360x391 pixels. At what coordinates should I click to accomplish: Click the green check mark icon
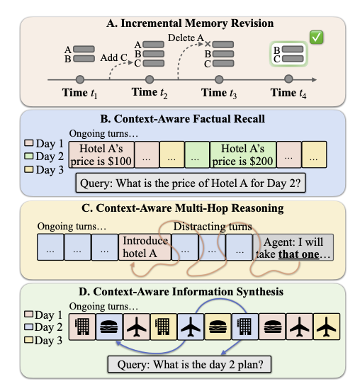pos(316,38)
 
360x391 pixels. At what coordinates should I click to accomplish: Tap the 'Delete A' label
pos(186,38)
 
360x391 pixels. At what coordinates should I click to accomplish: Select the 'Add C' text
pos(114,57)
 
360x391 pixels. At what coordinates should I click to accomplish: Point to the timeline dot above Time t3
pos(219,79)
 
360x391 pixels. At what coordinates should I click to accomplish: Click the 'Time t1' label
pos(79,93)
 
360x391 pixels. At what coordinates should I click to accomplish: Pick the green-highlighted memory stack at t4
pos(288,54)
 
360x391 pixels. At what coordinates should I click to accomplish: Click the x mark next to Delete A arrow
pos(208,44)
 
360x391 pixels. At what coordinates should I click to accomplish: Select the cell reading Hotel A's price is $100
pos(101,154)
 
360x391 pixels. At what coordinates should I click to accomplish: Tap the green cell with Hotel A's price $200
pos(243,154)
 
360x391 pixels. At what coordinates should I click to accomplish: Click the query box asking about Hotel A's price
pos(191,183)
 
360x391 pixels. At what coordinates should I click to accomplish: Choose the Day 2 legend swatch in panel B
pos(28,156)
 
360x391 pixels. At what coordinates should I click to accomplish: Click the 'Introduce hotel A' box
pos(145,247)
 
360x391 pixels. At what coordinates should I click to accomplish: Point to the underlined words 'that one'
pos(298,254)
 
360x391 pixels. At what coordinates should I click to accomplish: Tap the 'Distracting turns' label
pos(213,227)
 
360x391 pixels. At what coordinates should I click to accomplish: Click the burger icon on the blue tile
pos(109,327)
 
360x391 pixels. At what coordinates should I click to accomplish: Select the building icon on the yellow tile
pos(162,327)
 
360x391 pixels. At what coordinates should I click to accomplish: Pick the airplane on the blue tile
pos(191,327)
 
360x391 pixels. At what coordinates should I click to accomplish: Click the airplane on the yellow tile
pos(326,327)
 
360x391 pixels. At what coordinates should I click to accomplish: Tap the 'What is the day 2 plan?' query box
pos(189,365)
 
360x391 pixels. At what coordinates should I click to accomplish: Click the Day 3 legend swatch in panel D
pos(28,340)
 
